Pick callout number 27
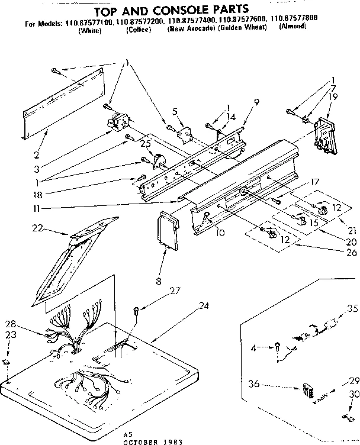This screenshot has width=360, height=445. point(175,290)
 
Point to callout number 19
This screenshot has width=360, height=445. point(334,95)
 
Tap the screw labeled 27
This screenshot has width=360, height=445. point(137,308)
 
